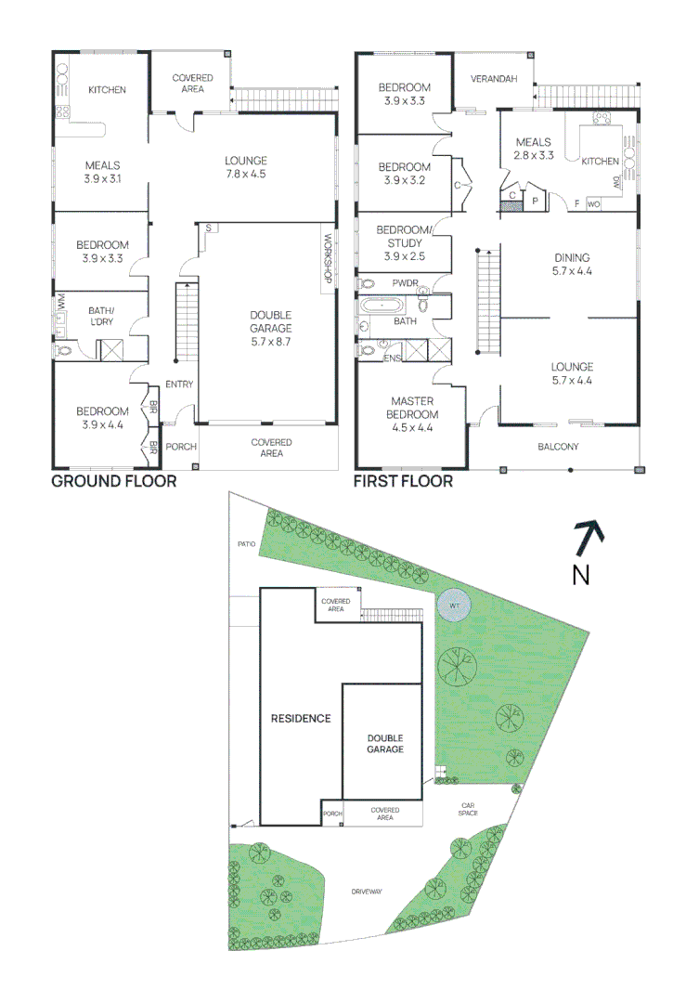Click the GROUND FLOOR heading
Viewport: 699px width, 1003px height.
click(x=113, y=481)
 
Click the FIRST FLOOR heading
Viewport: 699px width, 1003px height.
click(x=403, y=481)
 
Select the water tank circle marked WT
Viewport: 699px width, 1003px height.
click(x=454, y=606)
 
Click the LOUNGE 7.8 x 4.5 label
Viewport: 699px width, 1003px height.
click(x=245, y=166)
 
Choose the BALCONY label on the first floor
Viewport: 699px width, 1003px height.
click(x=558, y=447)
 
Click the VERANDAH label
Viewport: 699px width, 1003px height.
click(x=493, y=79)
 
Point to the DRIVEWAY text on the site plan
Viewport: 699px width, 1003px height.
click(x=367, y=892)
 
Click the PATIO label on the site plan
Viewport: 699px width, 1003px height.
click(x=245, y=543)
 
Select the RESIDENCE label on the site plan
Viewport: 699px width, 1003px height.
click(x=300, y=718)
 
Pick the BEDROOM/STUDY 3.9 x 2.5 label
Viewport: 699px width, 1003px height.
click(x=404, y=242)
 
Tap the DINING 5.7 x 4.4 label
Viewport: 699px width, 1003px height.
click(x=571, y=265)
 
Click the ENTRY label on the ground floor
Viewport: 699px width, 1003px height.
click(x=178, y=384)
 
